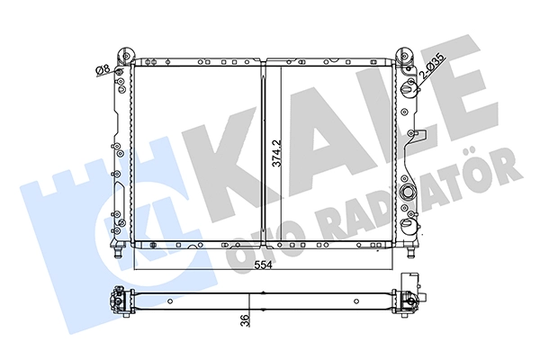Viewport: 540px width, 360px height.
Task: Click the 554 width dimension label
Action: (x=264, y=265)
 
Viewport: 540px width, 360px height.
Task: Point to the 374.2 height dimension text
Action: (x=276, y=153)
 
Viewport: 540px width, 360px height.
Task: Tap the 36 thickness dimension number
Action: (x=245, y=320)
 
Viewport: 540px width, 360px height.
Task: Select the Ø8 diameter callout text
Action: (x=103, y=70)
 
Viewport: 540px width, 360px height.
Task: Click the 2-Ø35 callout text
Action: (x=433, y=67)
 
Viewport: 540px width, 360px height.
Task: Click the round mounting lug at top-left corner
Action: (x=126, y=55)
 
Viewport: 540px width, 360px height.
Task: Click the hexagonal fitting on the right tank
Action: (x=409, y=191)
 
